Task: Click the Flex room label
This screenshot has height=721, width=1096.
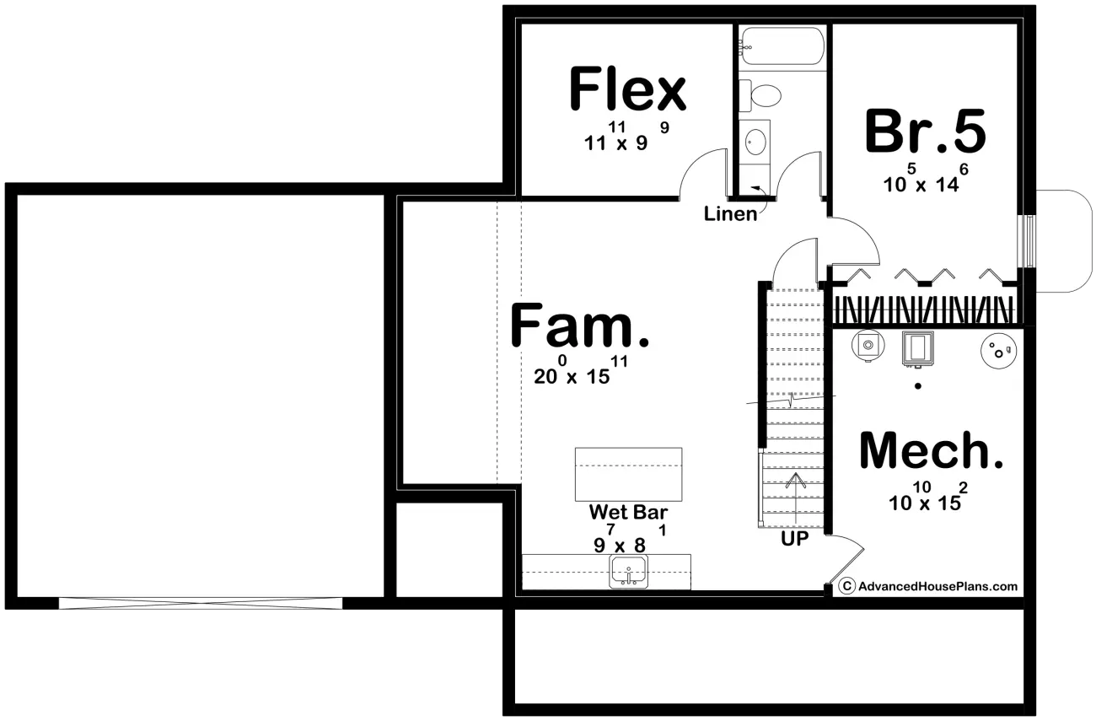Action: (628, 89)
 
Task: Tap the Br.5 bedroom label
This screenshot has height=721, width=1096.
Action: (925, 131)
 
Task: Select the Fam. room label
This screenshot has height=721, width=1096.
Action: (580, 325)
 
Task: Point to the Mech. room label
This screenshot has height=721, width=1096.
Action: (931, 450)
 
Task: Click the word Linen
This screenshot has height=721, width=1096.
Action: (730, 214)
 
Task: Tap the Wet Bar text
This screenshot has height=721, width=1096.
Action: (628, 512)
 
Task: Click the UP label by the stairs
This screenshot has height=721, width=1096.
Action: (794, 538)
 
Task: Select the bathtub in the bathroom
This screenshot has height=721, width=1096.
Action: (782, 46)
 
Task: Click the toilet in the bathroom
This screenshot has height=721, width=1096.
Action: (760, 95)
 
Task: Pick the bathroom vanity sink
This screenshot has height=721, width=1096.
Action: (755, 142)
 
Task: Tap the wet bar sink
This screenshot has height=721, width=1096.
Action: (629, 571)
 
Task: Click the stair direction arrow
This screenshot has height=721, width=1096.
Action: (796, 498)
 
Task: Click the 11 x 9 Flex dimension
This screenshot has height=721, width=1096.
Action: (626, 137)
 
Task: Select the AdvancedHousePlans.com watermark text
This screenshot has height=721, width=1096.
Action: (938, 586)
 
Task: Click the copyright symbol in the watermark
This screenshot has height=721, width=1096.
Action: (847, 586)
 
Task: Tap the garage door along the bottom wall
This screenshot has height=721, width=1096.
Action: (201, 603)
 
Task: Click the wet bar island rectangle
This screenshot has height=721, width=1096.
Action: (628, 474)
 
